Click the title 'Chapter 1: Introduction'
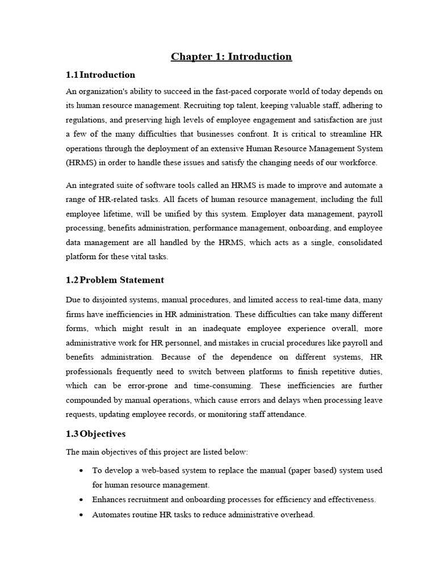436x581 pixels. point(232,56)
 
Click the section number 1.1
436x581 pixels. point(72,75)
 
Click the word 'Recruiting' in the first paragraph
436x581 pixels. point(196,106)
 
